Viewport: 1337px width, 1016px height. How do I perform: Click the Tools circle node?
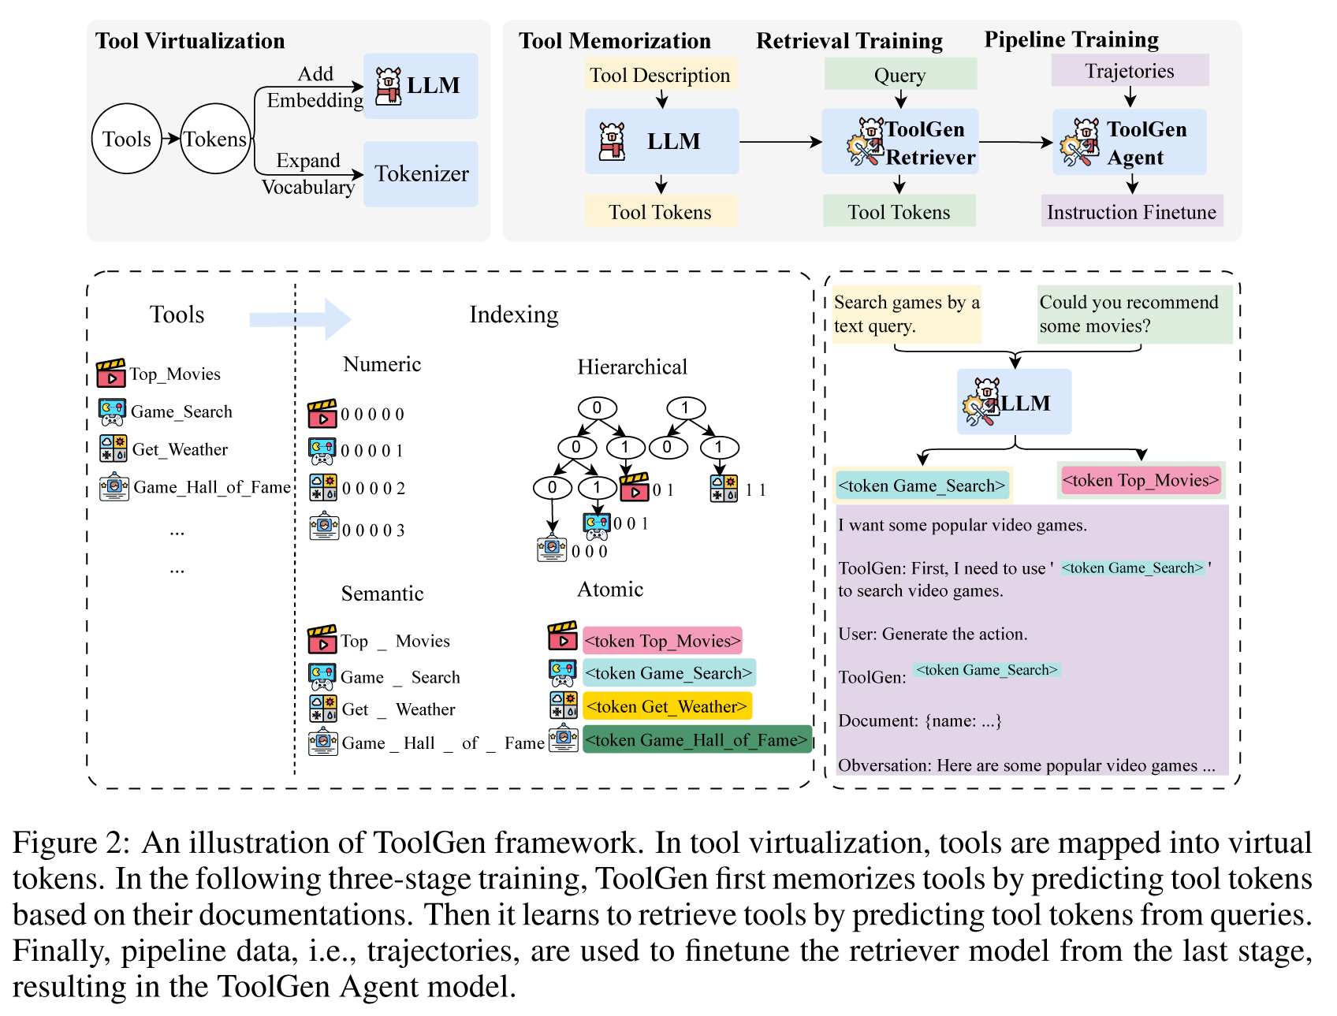pos(127,139)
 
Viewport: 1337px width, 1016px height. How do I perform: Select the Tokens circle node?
pos(215,139)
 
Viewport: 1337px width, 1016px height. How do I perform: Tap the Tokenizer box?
pos(421,173)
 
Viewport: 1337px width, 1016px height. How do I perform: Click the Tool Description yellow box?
pos(660,75)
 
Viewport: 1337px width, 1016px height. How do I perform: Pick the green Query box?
pos(899,75)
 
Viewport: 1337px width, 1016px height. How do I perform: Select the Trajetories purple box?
pos(1129,71)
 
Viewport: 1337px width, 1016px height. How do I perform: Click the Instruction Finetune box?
pos(1131,211)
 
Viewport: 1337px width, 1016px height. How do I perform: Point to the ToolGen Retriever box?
pos(899,142)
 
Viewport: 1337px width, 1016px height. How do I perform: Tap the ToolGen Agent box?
pos(1129,142)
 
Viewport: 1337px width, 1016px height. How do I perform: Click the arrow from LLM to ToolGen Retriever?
pos(780,142)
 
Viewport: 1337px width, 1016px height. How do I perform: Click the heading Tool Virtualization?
pos(190,41)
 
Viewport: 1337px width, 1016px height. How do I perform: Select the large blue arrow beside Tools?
pos(300,318)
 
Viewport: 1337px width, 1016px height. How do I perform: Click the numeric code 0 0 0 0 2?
pos(373,488)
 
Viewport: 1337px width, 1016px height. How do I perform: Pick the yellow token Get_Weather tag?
pos(667,706)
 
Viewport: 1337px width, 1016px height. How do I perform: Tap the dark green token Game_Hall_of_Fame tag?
pos(697,739)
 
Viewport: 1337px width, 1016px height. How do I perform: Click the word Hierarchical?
pos(632,367)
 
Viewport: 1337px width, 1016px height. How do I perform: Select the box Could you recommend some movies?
pos(1134,314)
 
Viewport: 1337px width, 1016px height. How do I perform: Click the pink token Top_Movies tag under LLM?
pos(1140,480)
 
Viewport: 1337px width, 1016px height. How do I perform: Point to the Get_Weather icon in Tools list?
pos(114,448)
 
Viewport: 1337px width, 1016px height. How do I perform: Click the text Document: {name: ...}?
pos(919,720)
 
